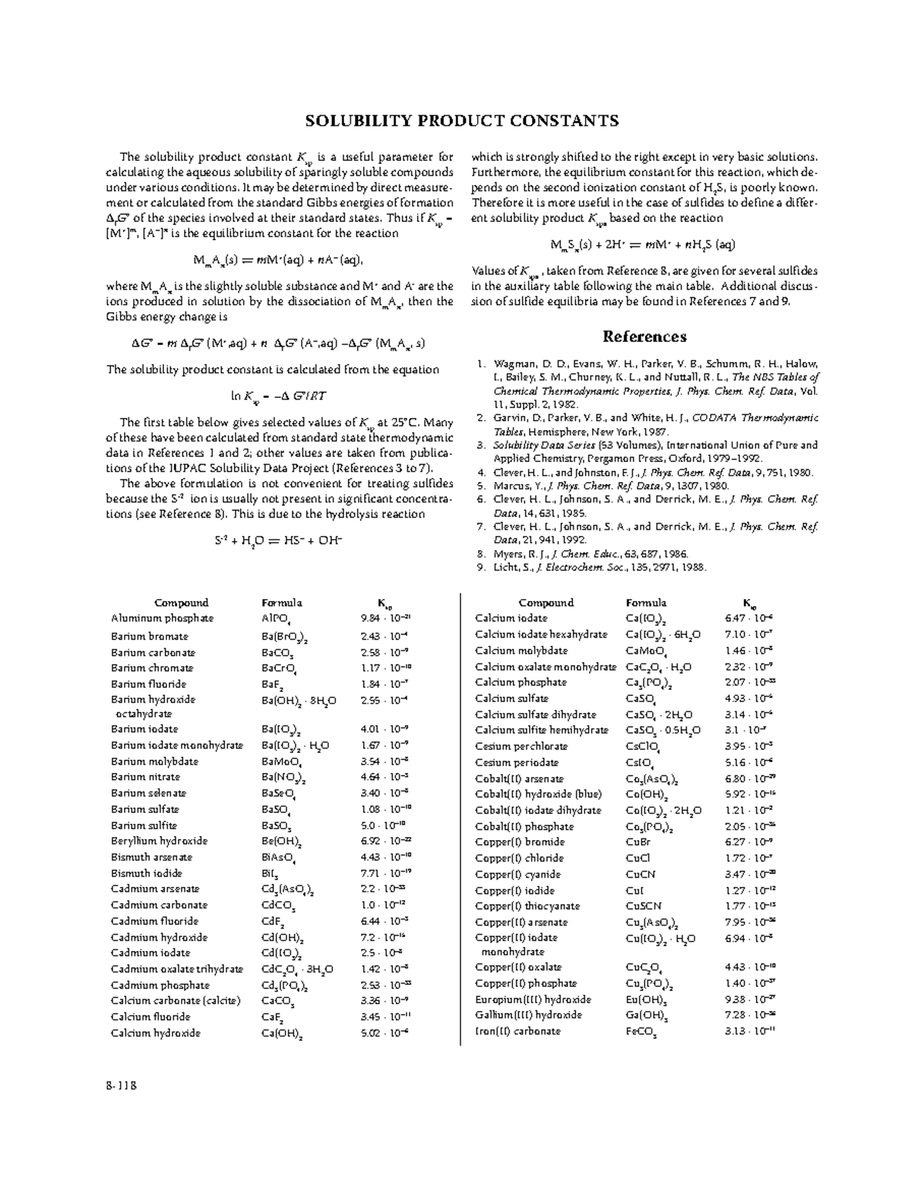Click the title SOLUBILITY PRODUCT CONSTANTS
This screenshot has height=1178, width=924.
(461, 121)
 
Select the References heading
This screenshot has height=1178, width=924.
(644, 336)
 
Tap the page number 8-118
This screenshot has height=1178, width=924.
(121, 1086)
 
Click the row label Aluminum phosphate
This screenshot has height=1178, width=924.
(162, 618)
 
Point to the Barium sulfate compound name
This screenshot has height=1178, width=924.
(145, 809)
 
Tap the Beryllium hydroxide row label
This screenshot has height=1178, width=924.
(159, 841)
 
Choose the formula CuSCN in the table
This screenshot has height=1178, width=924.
(644, 906)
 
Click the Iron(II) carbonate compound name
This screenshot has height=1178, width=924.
(517, 1031)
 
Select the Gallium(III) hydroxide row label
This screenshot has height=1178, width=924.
(528, 1015)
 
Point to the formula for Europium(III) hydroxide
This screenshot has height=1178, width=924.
(646, 999)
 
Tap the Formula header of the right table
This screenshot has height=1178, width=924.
(646, 603)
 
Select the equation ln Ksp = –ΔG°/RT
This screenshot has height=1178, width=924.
(279, 397)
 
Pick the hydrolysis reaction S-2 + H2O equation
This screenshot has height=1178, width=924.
(278, 540)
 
